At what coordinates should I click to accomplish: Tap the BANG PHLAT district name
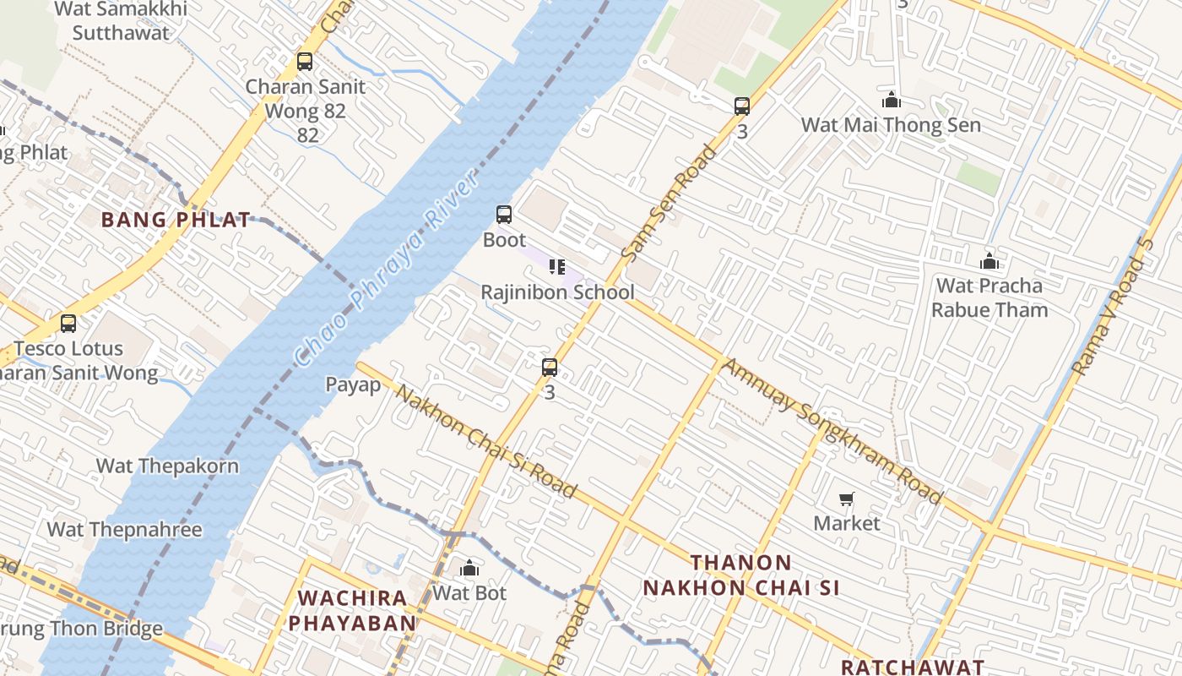click(176, 220)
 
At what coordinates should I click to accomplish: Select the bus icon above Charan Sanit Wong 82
click(305, 62)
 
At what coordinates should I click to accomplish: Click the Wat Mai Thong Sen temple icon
click(891, 101)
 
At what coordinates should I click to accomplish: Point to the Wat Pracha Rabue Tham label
click(989, 297)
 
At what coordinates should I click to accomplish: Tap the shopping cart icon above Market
click(846, 499)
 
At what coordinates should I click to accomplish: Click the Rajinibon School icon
click(556, 267)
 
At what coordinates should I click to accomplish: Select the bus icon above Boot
click(504, 215)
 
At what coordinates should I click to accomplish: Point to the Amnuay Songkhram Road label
click(832, 432)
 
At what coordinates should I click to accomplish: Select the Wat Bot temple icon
click(469, 568)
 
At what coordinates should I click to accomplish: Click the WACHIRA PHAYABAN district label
click(356, 610)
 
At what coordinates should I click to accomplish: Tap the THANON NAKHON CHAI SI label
click(741, 575)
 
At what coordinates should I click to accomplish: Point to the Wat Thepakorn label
click(167, 466)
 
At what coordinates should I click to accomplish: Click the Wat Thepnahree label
click(124, 530)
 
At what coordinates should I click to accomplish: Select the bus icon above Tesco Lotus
click(68, 323)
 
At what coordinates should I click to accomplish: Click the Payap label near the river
click(353, 384)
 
